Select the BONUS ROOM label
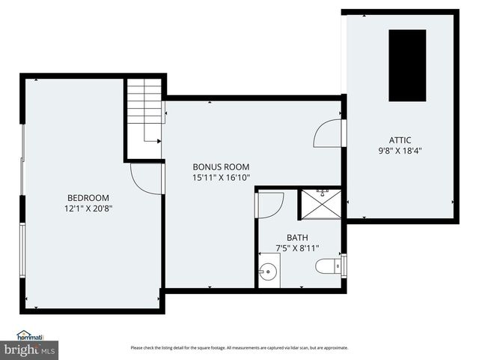(221, 167)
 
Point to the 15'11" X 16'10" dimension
(221, 178)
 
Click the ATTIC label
(400, 139)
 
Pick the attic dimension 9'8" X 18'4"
(400, 150)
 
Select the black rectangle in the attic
(407, 65)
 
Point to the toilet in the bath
(326, 265)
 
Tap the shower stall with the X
(321, 203)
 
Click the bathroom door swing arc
(270, 205)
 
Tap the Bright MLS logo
(30, 349)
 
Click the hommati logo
(32, 336)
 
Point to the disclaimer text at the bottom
(239, 347)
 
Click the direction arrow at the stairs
(156, 139)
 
